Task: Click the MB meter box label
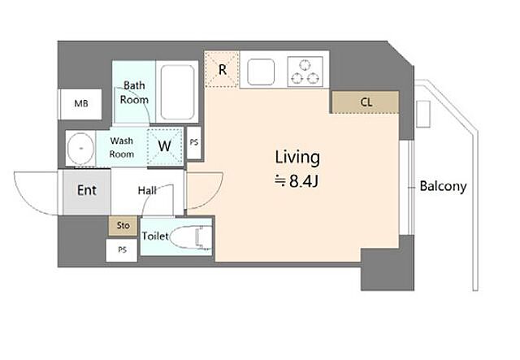click(81, 103)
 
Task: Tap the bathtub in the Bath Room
click(177, 92)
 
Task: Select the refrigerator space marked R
click(222, 69)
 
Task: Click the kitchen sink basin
click(261, 72)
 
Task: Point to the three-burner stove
click(305, 72)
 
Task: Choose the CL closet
click(366, 102)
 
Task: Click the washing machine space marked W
click(165, 146)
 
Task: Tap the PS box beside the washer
click(194, 143)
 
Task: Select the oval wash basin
click(80, 148)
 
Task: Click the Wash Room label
click(122, 147)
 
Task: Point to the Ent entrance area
click(87, 192)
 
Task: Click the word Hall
click(147, 190)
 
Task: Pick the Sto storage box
click(123, 226)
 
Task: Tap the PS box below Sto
click(122, 250)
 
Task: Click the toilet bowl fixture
click(192, 237)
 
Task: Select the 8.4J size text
click(303, 181)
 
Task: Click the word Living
click(297, 158)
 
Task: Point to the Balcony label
click(443, 186)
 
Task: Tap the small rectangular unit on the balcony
click(423, 114)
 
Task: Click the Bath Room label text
click(134, 93)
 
